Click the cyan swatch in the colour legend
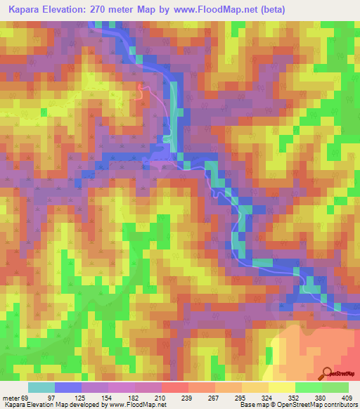(x=41, y=388)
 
